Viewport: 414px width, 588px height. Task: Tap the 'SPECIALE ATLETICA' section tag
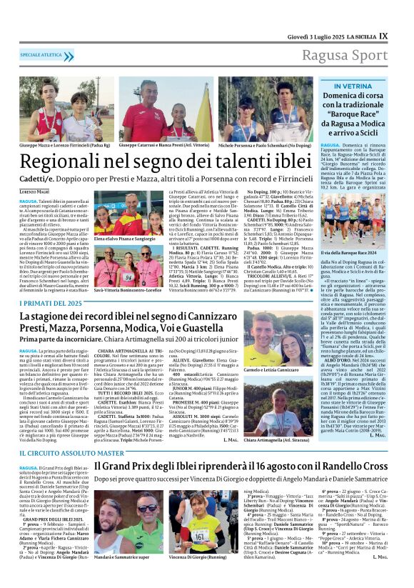(41, 54)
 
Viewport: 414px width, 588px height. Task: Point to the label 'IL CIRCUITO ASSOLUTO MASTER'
(62, 453)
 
